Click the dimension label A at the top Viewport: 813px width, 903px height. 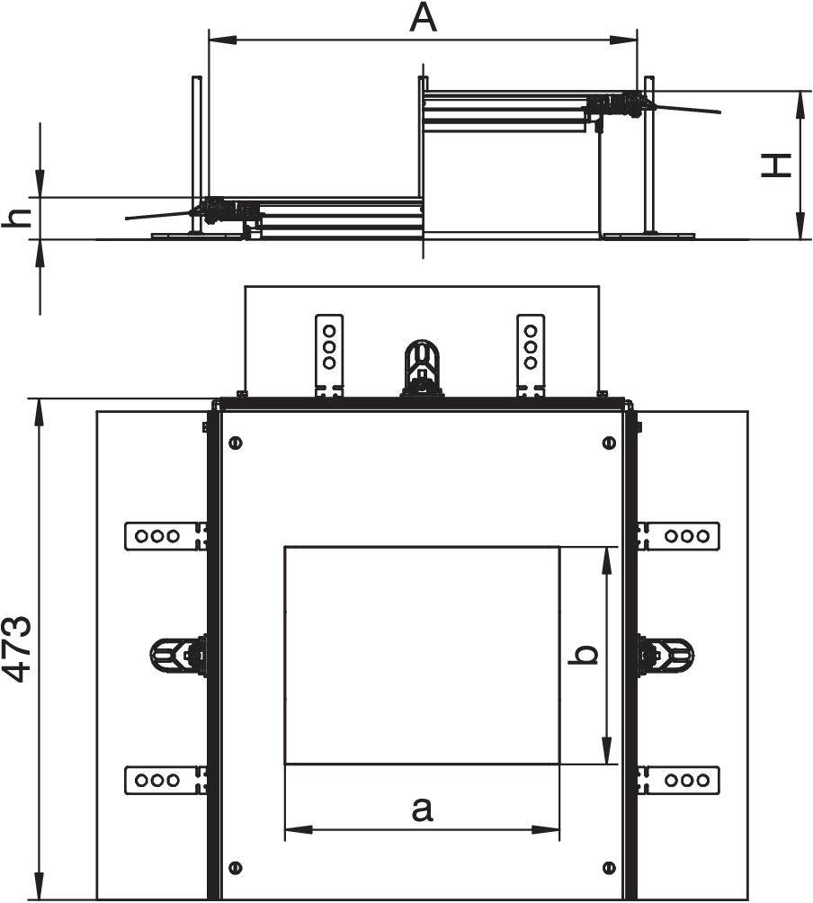pyautogui.click(x=423, y=18)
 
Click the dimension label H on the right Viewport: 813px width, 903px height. pyautogui.click(x=776, y=165)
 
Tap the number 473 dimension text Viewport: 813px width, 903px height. pyautogui.click(x=19, y=649)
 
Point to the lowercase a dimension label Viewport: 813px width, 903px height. pyautogui.click(x=422, y=809)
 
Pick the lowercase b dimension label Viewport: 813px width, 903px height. pyautogui.click(x=585, y=655)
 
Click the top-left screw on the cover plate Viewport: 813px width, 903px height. pyautogui.click(x=235, y=443)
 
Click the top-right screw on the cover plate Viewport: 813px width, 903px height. pyautogui.click(x=610, y=443)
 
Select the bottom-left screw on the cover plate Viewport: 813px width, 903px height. pyautogui.click(x=235, y=867)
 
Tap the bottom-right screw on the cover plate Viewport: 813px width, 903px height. pyautogui.click(x=610, y=867)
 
